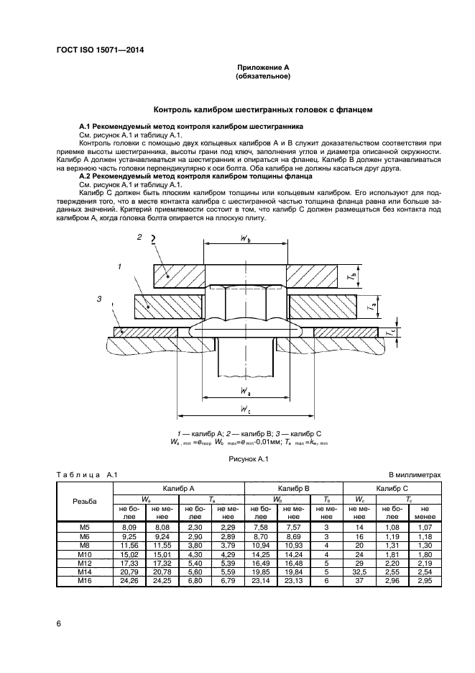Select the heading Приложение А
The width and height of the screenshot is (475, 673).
click(262, 67)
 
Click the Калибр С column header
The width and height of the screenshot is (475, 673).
click(393, 487)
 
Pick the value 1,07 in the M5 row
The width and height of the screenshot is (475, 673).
click(424, 528)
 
